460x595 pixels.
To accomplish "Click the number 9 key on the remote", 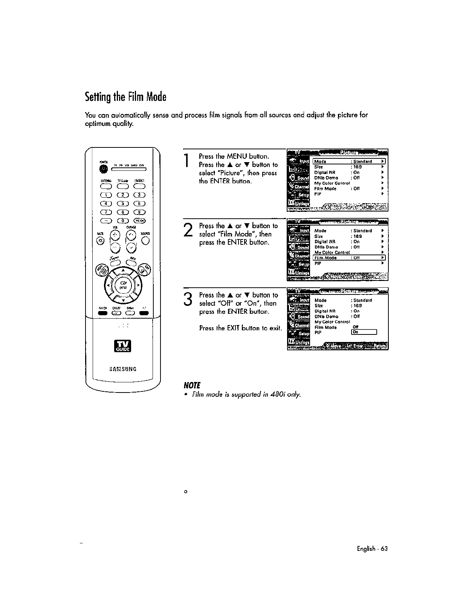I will [139, 212].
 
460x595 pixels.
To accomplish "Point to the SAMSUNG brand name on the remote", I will [122, 369].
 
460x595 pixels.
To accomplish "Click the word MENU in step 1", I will [237, 156].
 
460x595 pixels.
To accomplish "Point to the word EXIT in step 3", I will [234, 328].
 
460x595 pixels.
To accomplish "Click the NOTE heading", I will [191, 385].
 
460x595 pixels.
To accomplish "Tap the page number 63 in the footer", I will [384, 549].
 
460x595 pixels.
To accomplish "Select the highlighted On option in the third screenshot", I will [364, 332].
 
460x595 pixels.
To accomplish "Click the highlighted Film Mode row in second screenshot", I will [349, 258].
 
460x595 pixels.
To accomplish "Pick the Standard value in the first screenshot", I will [362, 162].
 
